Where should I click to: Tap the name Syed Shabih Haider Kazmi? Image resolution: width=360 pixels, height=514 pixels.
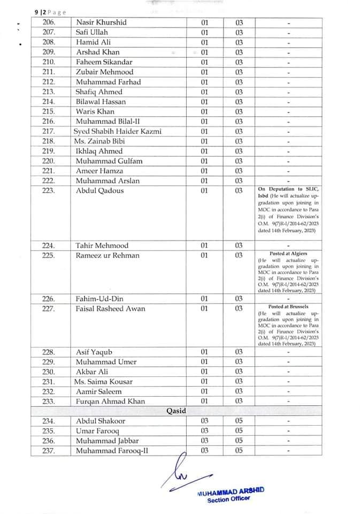(118, 132)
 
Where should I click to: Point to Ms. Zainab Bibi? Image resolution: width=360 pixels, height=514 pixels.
(98, 141)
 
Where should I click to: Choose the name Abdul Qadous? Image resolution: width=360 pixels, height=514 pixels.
(100, 191)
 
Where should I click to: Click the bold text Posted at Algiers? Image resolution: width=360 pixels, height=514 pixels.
(288, 253)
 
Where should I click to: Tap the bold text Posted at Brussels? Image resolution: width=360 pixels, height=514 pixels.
(288, 307)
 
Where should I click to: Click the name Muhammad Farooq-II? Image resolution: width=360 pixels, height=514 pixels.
(112, 451)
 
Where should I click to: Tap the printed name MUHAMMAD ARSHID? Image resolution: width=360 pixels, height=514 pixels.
(231, 492)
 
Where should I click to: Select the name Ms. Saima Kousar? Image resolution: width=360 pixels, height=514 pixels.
(103, 382)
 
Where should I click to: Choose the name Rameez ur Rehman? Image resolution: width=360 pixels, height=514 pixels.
(108, 255)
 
